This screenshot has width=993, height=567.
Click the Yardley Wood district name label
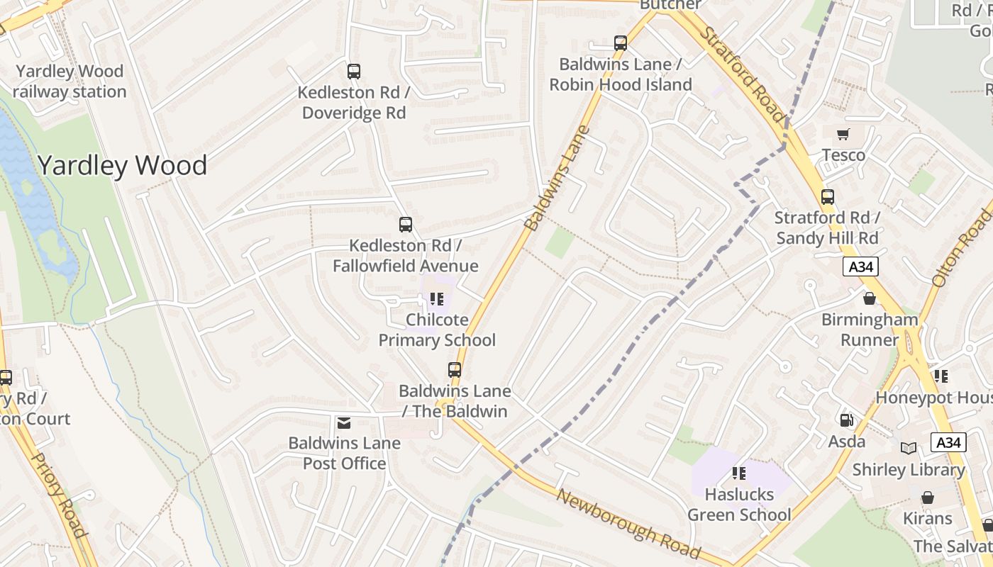point(122,165)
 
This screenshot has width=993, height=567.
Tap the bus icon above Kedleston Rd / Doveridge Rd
point(354,72)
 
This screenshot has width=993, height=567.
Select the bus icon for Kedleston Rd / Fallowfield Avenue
point(406,225)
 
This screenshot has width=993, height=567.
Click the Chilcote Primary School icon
point(437,300)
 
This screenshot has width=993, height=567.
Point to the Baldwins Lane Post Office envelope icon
point(344,423)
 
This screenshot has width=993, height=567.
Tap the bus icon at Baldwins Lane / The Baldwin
point(455,370)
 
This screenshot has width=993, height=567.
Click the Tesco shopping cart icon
point(843,135)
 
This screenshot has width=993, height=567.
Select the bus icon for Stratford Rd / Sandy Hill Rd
point(828,197)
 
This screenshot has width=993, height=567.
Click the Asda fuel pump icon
point(846,420)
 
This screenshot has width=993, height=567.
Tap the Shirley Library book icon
point(909,448)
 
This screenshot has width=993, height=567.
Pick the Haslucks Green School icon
point(739,473)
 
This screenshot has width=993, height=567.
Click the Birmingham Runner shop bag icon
point(870,299)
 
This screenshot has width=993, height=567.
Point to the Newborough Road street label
point(628,524)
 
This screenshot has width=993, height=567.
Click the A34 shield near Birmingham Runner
point(861,266)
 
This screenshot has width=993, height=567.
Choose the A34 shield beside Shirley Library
point(948,442)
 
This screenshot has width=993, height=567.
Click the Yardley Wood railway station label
point(69,82)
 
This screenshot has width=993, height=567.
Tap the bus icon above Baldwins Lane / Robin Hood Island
point(621,43)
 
